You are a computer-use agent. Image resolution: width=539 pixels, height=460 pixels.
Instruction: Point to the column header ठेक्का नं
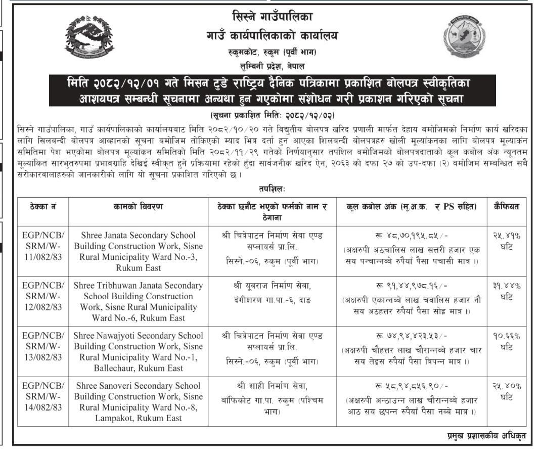click(43, 206)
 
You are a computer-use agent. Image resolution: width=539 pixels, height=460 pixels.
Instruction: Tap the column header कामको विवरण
click(139, 206)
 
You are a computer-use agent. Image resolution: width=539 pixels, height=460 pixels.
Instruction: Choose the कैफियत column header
click(506, 206)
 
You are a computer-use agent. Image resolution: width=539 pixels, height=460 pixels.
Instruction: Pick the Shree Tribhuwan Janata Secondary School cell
click(139, 301)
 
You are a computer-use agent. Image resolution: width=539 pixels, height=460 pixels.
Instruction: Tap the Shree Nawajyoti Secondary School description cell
click(139, 352)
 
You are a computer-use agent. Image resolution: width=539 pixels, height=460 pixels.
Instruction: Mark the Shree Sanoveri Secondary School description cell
click(139, 402)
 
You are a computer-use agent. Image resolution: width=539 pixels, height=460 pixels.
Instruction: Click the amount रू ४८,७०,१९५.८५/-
click(412, 236)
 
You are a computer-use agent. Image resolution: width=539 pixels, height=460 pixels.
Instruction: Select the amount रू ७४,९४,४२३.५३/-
click(412, 337)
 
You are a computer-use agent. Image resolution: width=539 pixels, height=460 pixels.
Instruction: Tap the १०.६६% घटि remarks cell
click(506, 342)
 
